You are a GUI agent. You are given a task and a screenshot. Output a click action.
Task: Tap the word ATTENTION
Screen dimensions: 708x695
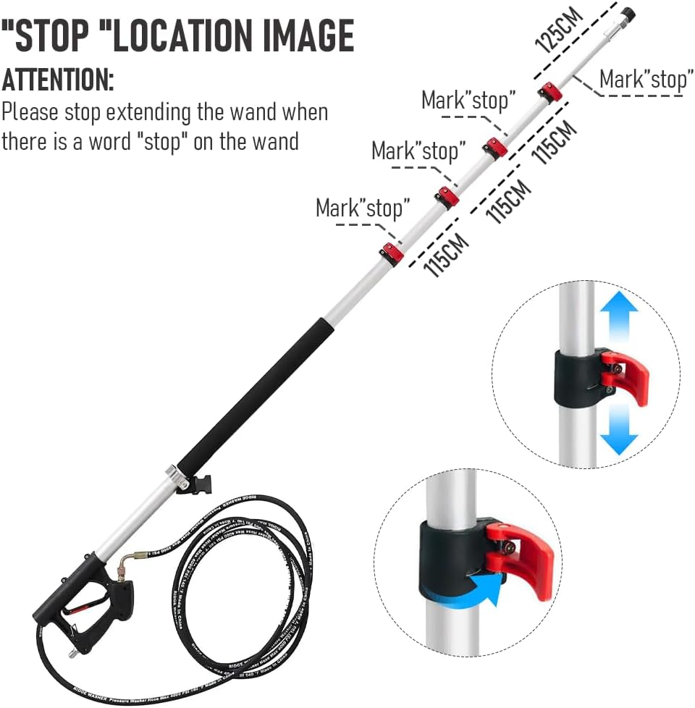tap(57, 79)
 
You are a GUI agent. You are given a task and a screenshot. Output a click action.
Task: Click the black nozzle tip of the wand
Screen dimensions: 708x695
tap(627, 13)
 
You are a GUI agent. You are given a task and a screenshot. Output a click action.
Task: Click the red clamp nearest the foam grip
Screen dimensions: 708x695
tap(392, 253)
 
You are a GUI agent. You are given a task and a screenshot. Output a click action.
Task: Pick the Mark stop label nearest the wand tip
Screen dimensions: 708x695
tap(646, 79)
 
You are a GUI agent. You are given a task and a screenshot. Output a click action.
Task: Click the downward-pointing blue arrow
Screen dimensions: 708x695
tap(618, 431)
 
